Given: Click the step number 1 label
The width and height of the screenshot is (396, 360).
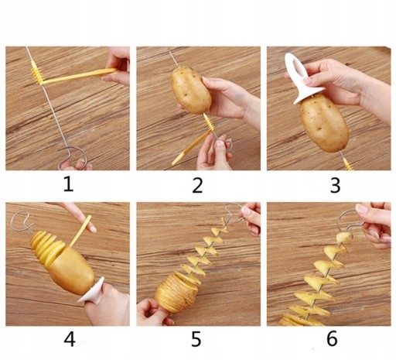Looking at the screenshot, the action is pos(68,184).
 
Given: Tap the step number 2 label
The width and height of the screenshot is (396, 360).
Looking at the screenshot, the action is pos(197,185).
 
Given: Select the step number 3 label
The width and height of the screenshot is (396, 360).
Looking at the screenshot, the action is pos(335,185).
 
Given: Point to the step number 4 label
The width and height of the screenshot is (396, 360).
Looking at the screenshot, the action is pos(70,339).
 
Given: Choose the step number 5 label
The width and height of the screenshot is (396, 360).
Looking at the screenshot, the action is pos(196,339).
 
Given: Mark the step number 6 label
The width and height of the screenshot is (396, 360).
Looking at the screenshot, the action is pos(332,338).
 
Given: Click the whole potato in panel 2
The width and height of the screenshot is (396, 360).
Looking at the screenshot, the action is pos(191,90).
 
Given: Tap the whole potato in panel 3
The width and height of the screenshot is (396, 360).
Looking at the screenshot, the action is pos(323,123).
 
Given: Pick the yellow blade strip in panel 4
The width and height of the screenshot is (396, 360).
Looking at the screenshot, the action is pos(80,231).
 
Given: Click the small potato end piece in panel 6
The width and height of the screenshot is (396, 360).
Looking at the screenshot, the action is pos(344,237).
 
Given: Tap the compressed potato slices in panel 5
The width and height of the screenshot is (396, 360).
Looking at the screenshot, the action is pos(176,293).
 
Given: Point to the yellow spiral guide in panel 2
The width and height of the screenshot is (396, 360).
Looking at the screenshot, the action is pos(208,122).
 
